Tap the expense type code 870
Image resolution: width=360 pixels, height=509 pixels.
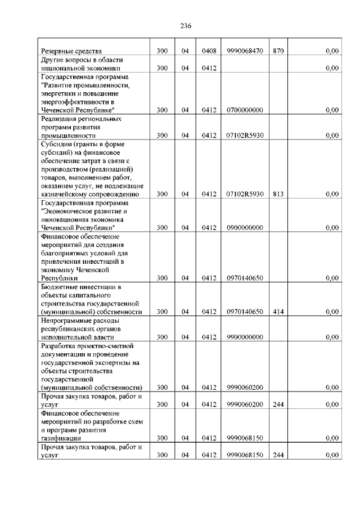278,51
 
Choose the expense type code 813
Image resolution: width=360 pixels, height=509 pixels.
278,194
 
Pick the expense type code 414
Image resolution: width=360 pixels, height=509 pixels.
278,312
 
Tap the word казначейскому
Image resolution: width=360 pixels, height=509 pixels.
65,194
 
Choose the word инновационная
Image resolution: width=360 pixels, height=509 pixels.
66,219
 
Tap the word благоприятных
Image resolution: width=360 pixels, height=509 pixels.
69,253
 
